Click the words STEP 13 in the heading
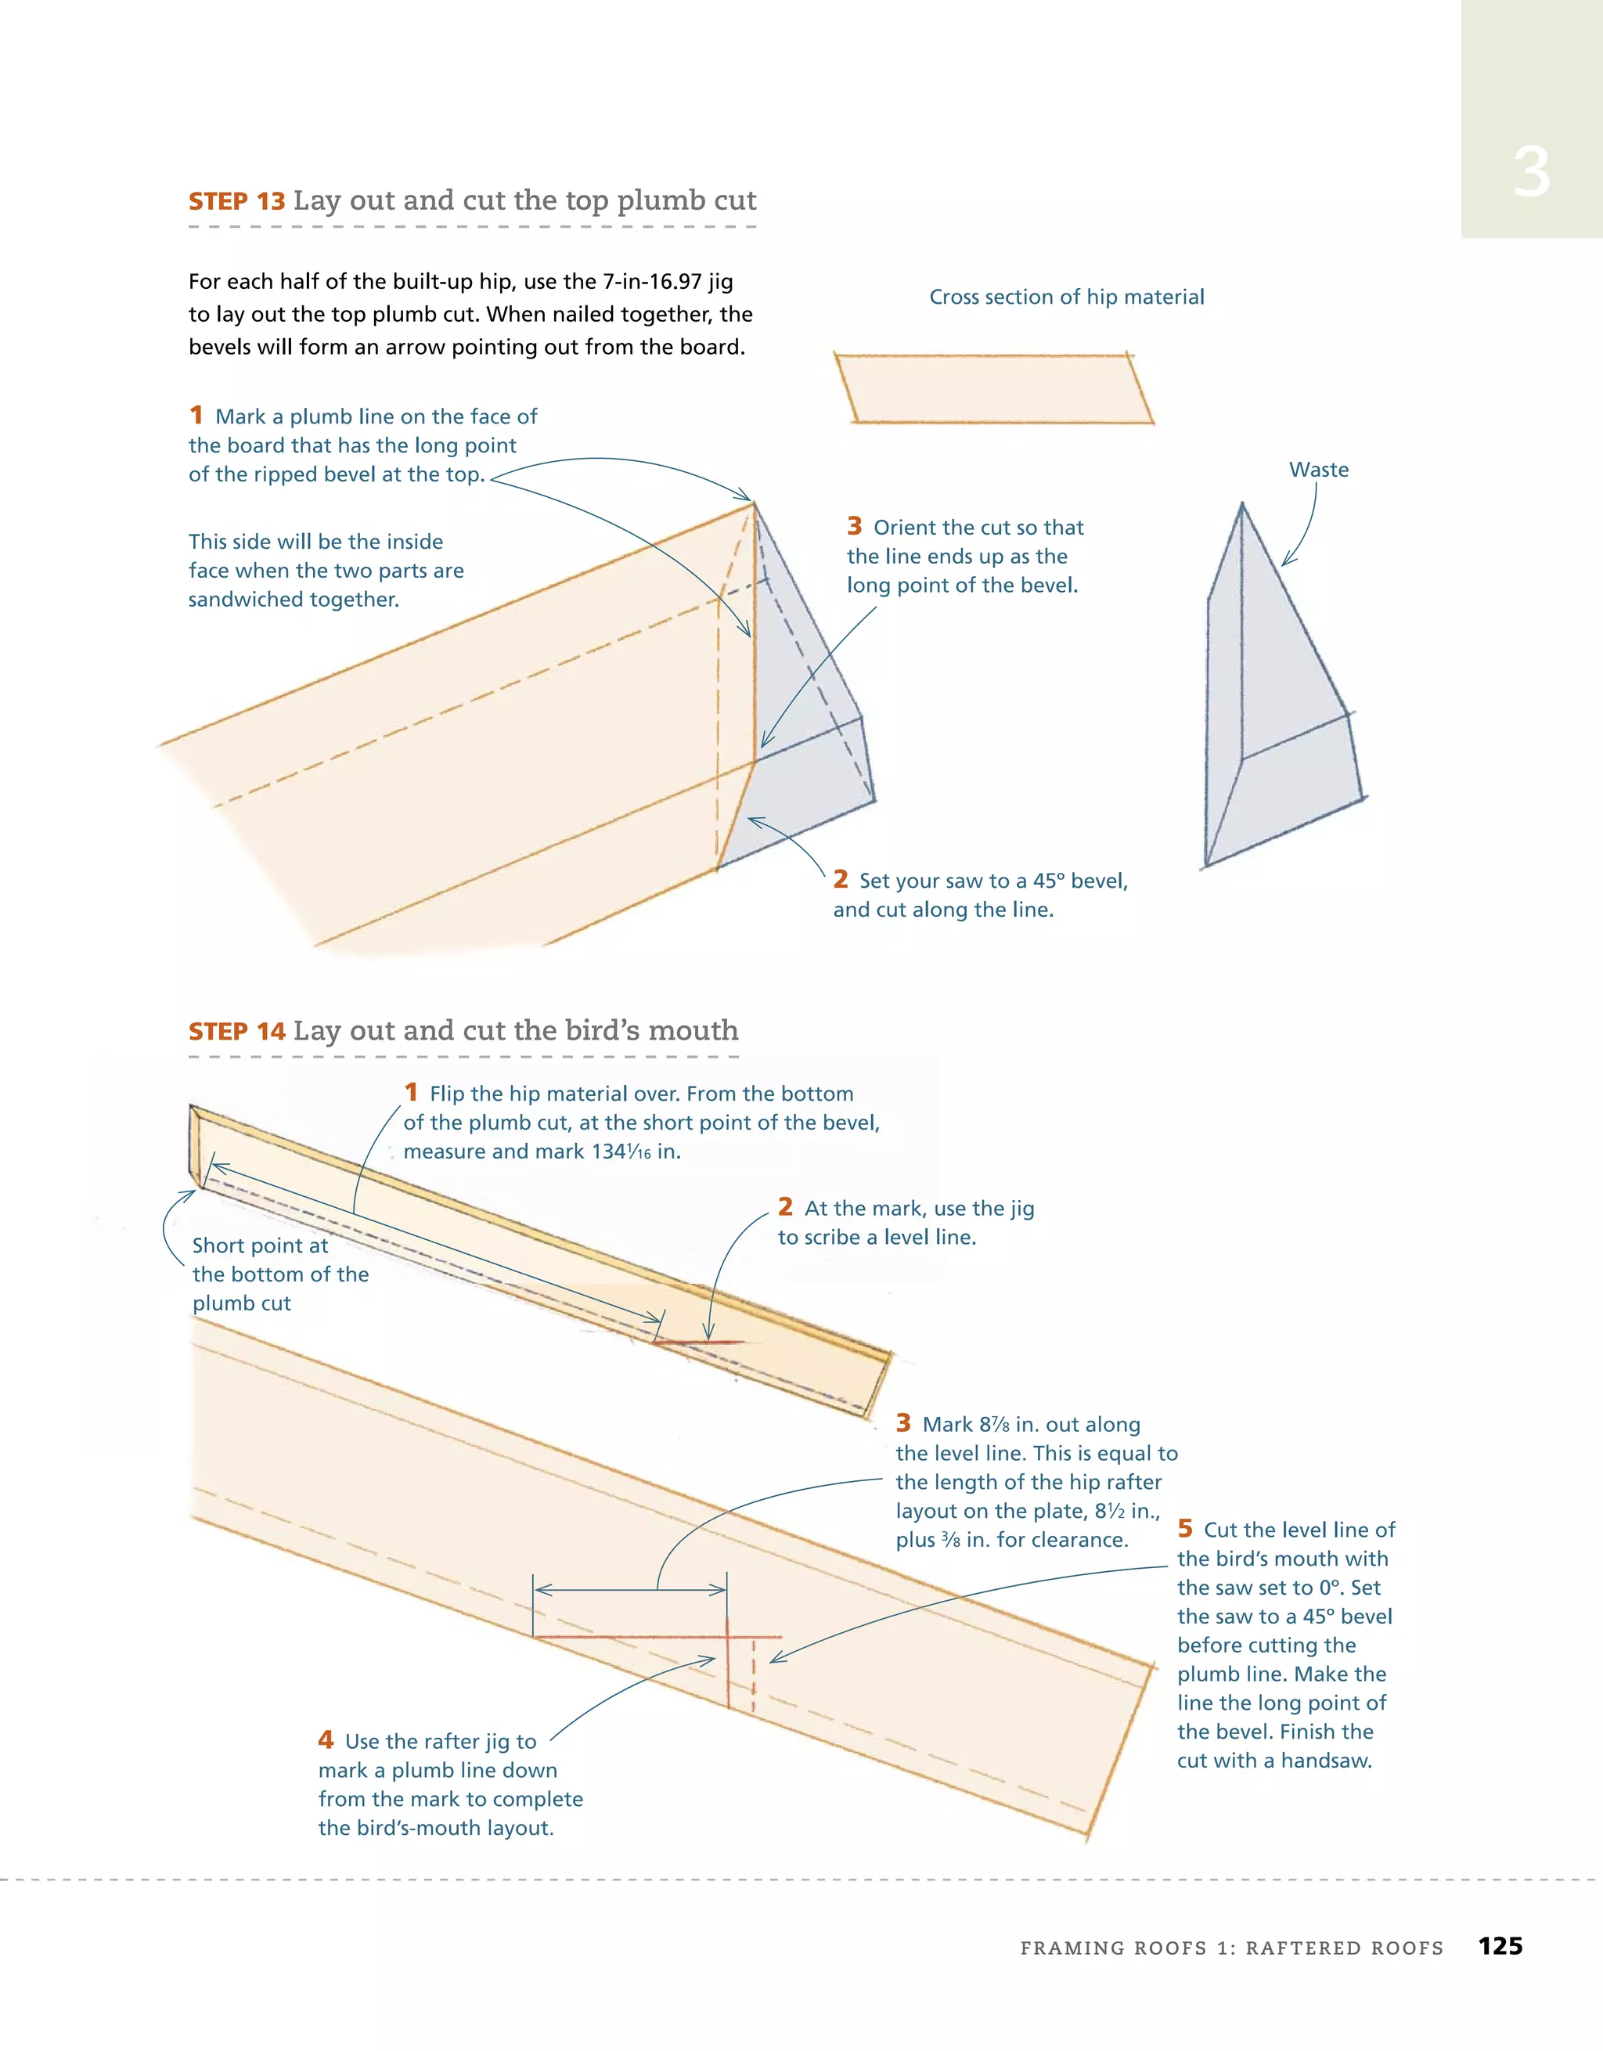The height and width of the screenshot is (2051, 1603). point(236,201)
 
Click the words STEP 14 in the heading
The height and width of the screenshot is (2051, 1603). point(236,1031)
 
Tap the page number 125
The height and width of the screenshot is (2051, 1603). point(1500,1946)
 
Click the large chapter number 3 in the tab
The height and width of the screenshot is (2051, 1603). point(1531,173)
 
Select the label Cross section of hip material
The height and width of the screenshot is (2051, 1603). point(1066,297)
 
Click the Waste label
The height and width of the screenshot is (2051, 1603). point(1318,470)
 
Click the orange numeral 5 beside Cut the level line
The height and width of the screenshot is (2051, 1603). point(1185,1528)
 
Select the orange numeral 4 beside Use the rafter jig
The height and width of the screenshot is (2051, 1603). point(326,1739)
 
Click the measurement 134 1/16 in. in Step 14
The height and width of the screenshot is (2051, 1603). point(635,1152)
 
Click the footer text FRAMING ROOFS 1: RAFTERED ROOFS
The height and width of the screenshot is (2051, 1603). point(1231,1948)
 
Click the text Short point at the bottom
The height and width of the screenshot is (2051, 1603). point(260,1246)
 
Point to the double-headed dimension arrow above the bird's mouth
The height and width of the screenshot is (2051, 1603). point(629,1590)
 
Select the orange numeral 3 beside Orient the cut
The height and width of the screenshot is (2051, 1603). point(855,526)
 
